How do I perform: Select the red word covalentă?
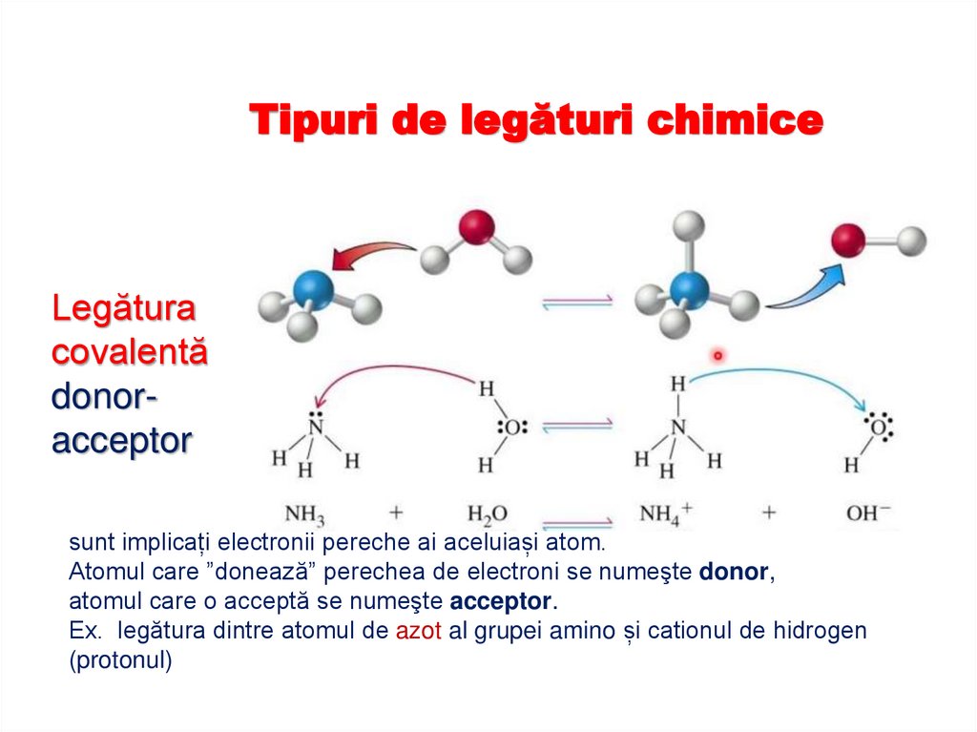click(x=128, y=351)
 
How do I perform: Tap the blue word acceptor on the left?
click(x=121, y=441)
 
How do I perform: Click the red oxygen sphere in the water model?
click(x=476, y=228)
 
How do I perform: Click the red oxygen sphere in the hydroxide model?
click(x=848, y=240)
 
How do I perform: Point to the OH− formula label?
click(x=867, y=513)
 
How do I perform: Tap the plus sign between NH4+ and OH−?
click(x=768, y=513)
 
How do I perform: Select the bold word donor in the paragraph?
click(x=733, y=573)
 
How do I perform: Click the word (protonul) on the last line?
click(x=120, y=660)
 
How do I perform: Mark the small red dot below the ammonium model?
click(x=717, y=356)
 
